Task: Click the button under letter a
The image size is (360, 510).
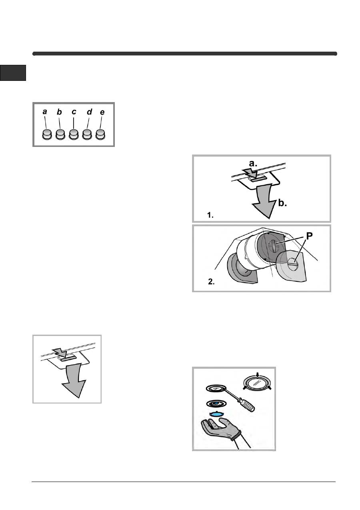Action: tap(47, 135)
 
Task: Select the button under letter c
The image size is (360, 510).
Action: tap(74, 135)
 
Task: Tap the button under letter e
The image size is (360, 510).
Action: tap(100, 135)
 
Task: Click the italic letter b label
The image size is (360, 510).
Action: tap(59, 112)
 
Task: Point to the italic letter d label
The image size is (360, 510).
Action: tap(90, 112)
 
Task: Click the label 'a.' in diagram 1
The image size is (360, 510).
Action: tap(253, 163)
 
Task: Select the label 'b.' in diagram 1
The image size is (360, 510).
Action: tap(282, 203)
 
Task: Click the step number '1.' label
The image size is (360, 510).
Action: tap(210, 215)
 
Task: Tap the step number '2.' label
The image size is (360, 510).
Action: tap(211, 282)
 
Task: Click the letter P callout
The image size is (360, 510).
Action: tap(309, 236)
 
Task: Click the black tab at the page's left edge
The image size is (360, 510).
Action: tap(13, 73)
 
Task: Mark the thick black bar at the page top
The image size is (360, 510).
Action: tap(185, 54)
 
